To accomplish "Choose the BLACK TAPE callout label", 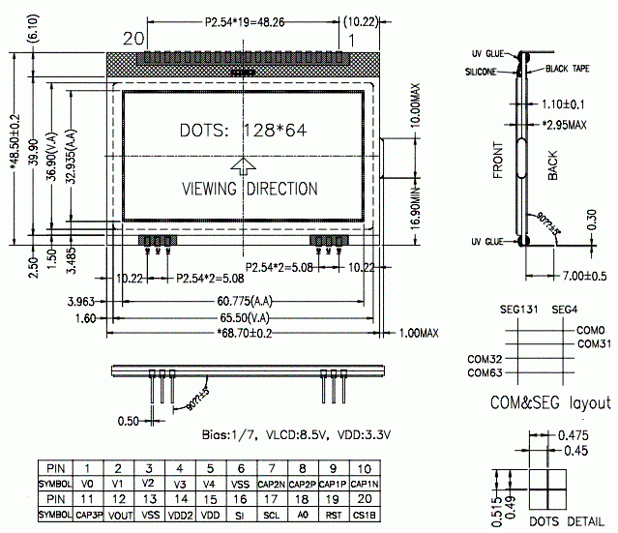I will point(570,69).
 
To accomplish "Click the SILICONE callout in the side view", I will point(483,72).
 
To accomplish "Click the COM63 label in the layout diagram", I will point(486,372).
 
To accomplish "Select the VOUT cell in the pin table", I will point(119,516).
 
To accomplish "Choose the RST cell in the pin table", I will point(334,516).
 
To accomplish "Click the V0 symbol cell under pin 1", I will point(88,483).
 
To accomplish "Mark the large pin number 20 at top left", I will point(133,39).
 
